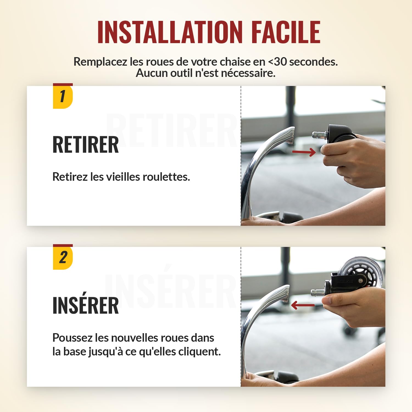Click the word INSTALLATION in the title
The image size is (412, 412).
[170, 32]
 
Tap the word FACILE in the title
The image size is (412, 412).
[286, 32]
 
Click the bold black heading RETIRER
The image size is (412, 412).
[86, 145]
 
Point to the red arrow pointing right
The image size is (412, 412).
[304, 152]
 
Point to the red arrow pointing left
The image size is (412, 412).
[303, 305]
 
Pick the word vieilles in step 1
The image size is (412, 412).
[123, 177]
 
